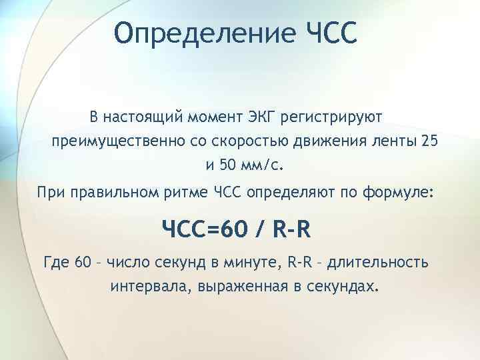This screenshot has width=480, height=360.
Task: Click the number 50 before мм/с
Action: click(219, 165)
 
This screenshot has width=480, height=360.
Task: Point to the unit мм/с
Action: click(253, 165)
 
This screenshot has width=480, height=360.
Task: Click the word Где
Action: click(55, 261)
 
